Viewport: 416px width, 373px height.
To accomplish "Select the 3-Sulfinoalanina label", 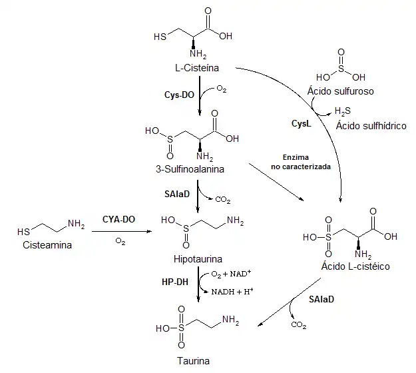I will (x=190, y=169).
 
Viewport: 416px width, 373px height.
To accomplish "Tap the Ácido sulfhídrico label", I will (x=371, y=125).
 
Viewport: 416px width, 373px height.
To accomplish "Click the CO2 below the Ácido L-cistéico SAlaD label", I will (x=299, y=325).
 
